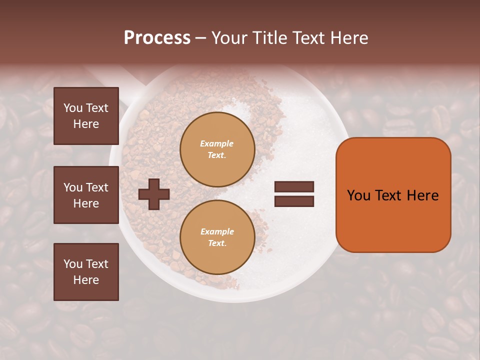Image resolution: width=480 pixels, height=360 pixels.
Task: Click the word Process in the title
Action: click(x=157, y=38)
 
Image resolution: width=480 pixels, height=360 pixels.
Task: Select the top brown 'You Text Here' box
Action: click(x=86, y=116)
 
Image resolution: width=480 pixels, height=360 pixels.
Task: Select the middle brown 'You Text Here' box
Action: click(x=86, y=195)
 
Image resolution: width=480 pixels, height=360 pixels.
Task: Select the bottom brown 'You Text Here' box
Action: click(x=86, y=272)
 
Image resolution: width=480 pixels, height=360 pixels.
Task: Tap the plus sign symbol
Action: click(x=154, y=193)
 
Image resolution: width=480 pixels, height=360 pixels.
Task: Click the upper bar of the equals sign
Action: click(x=294, y=187)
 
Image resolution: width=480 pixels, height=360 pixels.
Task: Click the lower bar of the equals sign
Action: click(x=294, y=201)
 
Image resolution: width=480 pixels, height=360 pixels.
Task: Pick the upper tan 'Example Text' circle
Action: click(x=217, y=149)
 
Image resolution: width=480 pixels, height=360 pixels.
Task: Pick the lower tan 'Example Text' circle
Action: click(x=217, y=237)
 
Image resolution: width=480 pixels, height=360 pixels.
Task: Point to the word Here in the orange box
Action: click(x=422, y=195)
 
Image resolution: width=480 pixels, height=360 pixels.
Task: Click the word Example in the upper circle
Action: click(x=217, y=143)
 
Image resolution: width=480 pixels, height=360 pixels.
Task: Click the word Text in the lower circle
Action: click(x=217, y=243)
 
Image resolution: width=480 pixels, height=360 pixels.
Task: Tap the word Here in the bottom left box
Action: click(x=86, y=280)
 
